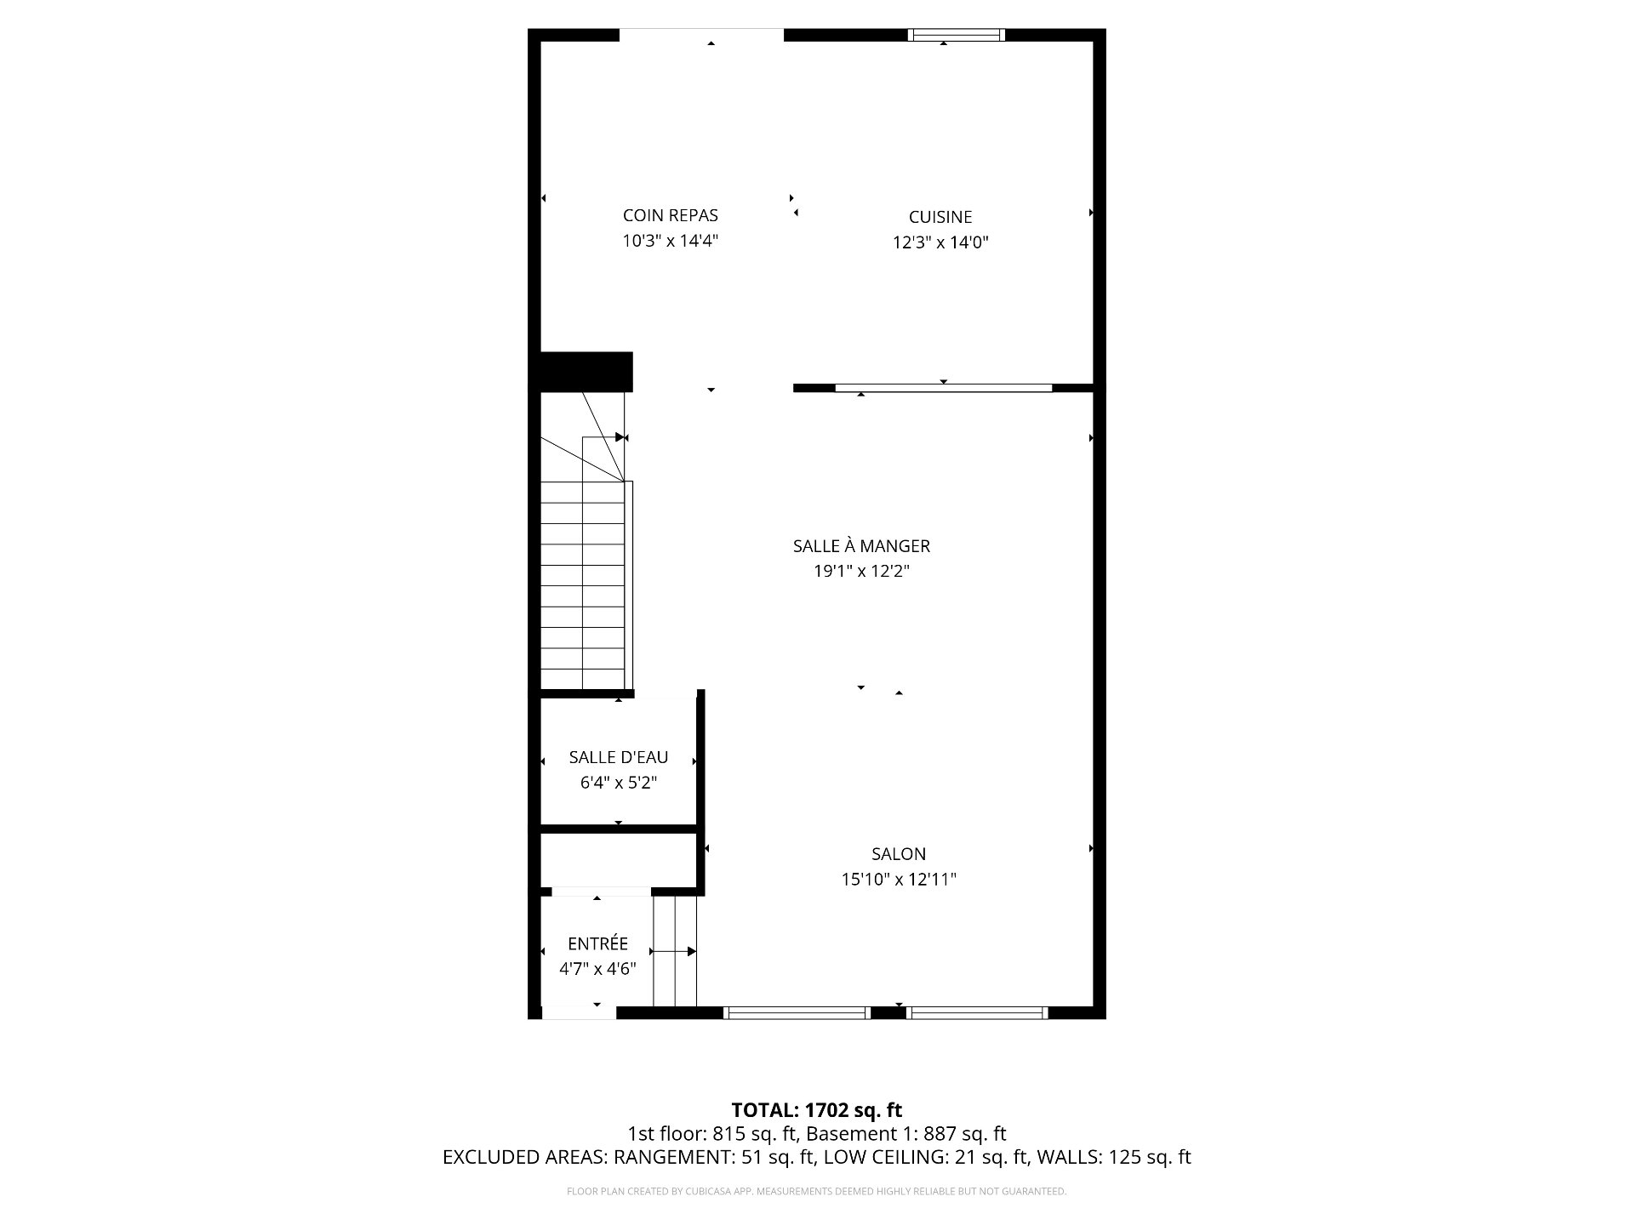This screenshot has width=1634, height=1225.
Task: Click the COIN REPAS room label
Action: click(670, 216)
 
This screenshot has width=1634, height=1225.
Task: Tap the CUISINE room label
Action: click(940, 218)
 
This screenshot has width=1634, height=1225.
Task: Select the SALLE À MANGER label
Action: click(861, 546)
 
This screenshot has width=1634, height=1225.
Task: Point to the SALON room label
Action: click(898, 854)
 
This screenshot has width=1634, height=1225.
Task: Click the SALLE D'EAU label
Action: click(619, 757)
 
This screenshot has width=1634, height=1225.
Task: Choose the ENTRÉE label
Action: click(597, 943)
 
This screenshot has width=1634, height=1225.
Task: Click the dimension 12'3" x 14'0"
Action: click(940, 243)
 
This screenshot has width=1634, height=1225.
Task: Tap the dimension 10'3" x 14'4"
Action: click(670, 242)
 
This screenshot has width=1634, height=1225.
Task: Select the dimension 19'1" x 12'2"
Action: click(861, 572)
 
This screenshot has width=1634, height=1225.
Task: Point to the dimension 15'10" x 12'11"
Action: click(898, 880)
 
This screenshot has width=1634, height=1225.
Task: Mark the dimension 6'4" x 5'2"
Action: click(619, 783)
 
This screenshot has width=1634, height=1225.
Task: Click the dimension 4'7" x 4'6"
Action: click(597, 969)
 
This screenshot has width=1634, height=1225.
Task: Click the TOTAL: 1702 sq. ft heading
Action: click(817, 1110)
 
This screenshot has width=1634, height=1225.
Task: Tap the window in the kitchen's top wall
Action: click(956, 35)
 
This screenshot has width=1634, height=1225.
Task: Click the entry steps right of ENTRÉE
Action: click(675, 951)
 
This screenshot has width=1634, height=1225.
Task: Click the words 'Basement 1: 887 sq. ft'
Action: click(906, 1134)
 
